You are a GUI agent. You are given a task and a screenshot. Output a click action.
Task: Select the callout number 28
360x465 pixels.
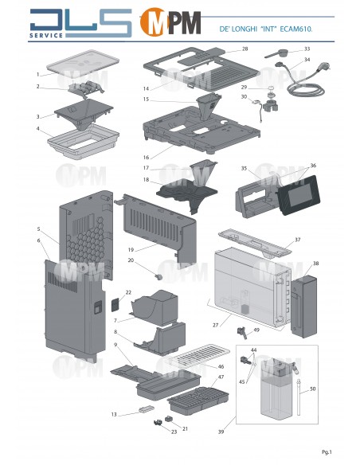point(245,49)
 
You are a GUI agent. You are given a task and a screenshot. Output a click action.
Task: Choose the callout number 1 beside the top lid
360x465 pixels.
point(37,73)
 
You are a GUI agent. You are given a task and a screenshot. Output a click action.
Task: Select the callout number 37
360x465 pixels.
point(297,240)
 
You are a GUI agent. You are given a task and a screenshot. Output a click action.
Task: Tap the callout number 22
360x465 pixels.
point(128,293)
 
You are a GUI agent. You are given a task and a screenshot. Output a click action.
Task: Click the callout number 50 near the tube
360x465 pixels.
point(312,388)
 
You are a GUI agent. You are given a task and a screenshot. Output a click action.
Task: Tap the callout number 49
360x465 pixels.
point(256,330)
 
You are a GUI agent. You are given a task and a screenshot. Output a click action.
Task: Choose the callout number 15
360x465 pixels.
point(147,100)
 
